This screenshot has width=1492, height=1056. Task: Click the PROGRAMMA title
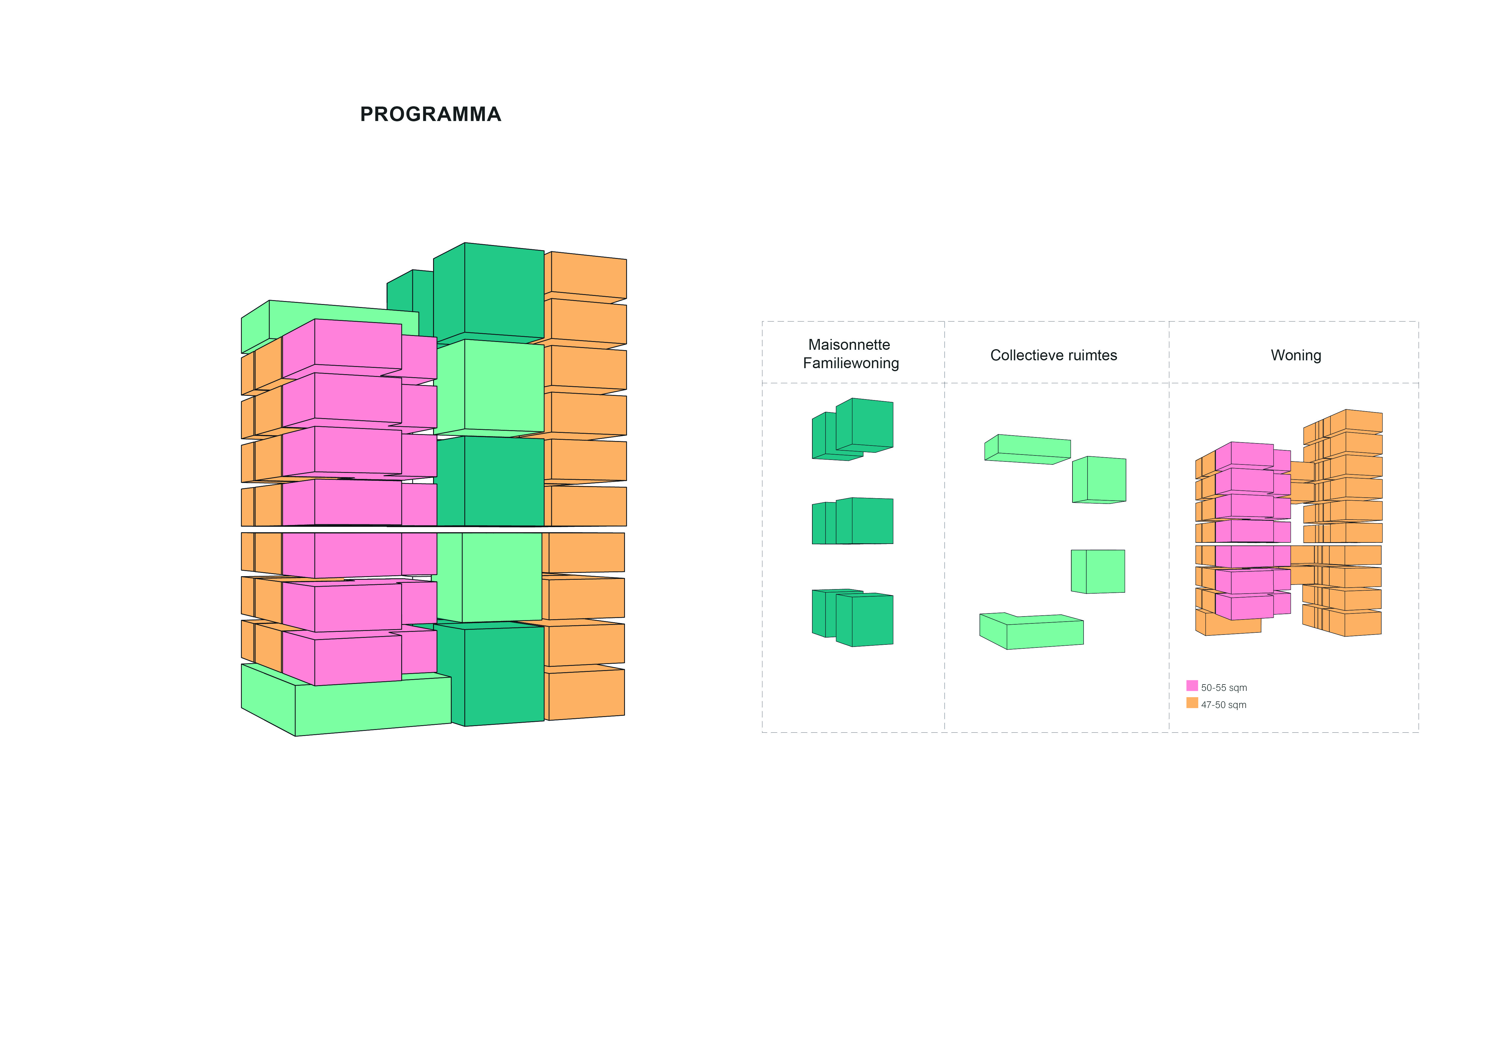430,114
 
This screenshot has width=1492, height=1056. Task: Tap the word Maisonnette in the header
849,345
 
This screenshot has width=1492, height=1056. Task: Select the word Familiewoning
851,363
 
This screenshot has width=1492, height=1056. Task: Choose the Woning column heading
1296,355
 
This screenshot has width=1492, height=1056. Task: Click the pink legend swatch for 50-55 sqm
1192,685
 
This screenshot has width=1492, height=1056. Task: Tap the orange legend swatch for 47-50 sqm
1192,702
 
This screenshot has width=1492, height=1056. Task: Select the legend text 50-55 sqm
1224,687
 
